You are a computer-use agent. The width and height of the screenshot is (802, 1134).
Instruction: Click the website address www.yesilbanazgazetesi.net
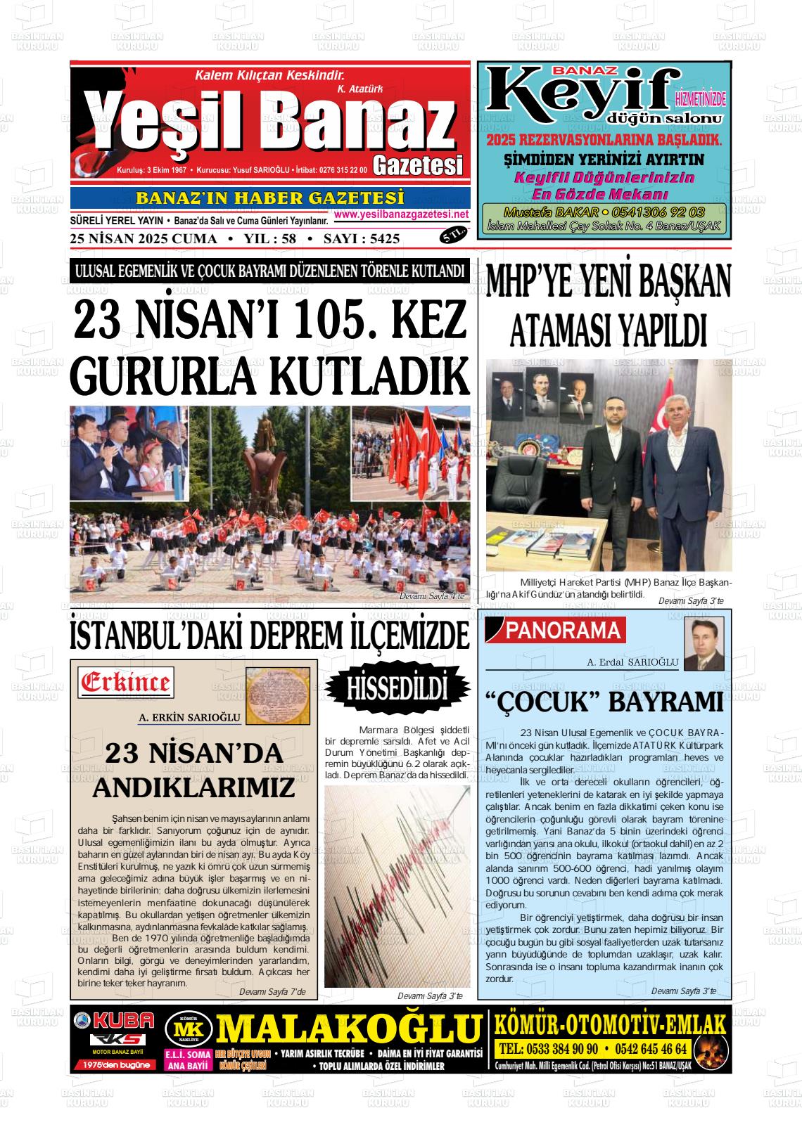[402, 214]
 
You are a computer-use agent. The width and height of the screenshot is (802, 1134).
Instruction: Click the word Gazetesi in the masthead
[418, 165]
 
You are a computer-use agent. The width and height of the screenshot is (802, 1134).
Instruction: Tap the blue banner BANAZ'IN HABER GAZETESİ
[269, 198]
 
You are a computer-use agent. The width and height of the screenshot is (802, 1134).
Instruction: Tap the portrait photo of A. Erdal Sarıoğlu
[704, 644]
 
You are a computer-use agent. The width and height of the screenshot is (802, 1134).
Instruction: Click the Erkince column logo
[126, 682]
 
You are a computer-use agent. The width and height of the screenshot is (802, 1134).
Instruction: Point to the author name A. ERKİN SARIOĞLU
[190, 718]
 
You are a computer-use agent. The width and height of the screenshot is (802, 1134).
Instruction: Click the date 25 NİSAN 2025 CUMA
[144, 239]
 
